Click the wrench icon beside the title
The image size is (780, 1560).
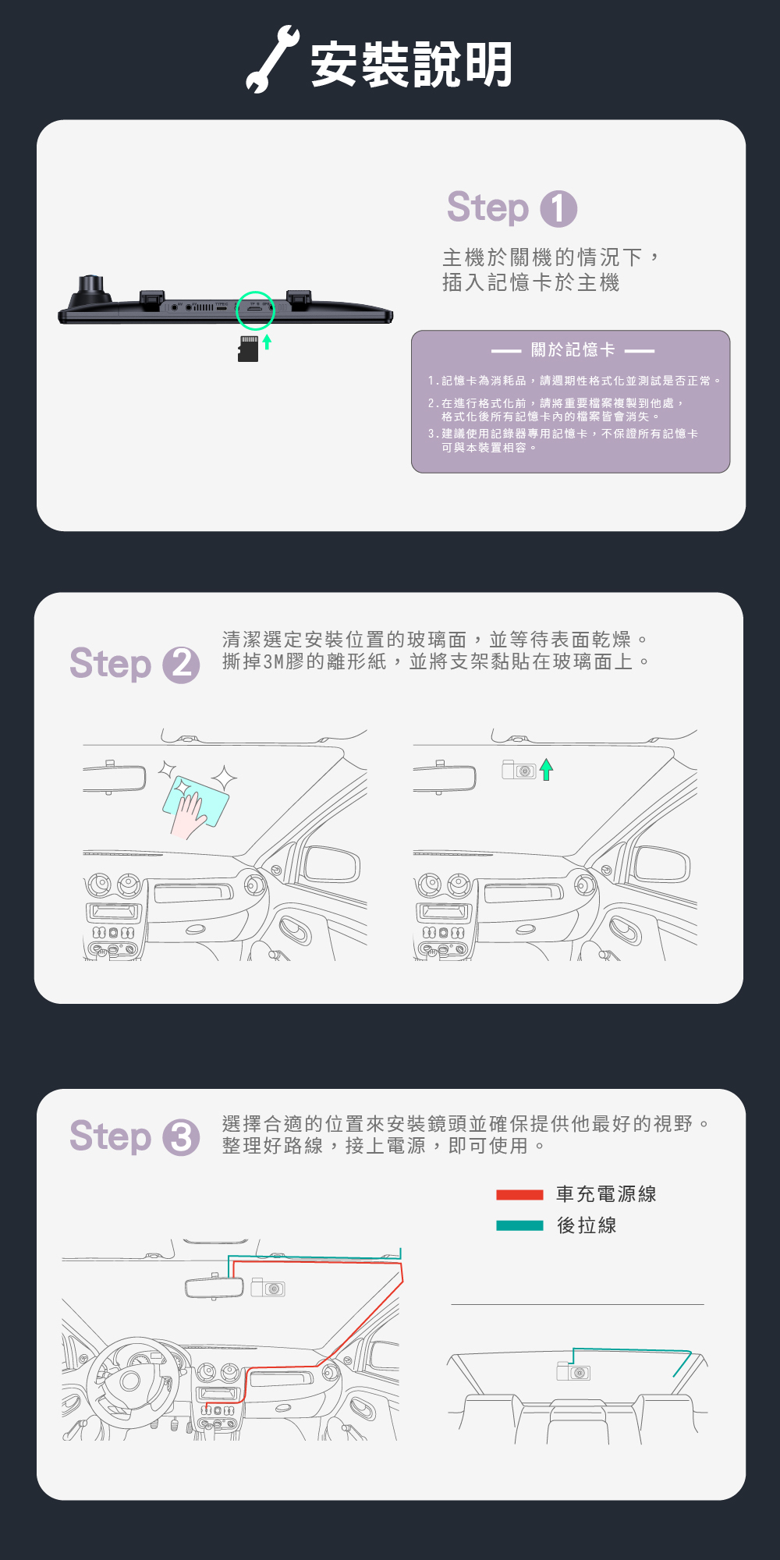(271, 61)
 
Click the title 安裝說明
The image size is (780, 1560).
(411, 64)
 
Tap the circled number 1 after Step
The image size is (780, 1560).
(558, 209)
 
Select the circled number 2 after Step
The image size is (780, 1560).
(181, 665)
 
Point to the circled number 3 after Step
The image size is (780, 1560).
(181, 1137)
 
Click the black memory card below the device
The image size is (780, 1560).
(248, 349)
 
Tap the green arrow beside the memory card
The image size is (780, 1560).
(267, 342)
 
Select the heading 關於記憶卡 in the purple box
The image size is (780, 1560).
(573, 349)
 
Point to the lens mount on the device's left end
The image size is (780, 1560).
(90, 290)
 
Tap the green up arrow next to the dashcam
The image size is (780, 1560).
(546, 770)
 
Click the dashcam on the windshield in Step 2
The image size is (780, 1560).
(518, 770)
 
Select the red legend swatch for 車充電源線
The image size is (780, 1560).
(519, 1194)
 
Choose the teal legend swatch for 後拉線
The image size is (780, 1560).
(519, 1225)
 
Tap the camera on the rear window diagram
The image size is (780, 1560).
(573, 1371)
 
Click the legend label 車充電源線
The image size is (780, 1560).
(606, 1194)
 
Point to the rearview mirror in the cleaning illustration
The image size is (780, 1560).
(115, 778)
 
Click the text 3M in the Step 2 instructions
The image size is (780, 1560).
(273, 662)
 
